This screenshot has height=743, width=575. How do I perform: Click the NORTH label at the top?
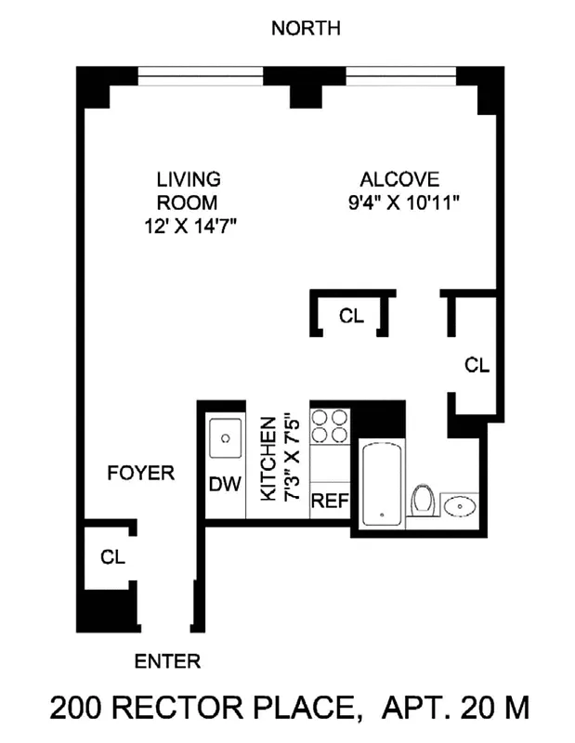pyautogui.click(x=306, y=29)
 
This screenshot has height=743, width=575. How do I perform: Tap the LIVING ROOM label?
pyautogui.click(x=188, y=190)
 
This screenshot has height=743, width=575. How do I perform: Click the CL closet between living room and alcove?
pyautogui.click(x=352, y=316)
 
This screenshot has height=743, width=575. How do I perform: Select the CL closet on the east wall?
pyautogui.click(x=476, y=365)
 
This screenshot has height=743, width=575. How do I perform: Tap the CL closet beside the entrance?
pyautogui.click(x=112, y=557)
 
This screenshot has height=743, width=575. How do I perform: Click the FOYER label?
pyautogui.click(x=140, y=474)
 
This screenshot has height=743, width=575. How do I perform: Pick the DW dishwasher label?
pyautogui.click(x=224, y=484)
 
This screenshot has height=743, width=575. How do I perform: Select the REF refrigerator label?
pyautogui.click(x=329, y=502)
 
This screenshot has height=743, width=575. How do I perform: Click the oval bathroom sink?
pyautogui.click(x=461, y=507)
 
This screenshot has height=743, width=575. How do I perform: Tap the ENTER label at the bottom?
pyautogui.click(x=167, y=661)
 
